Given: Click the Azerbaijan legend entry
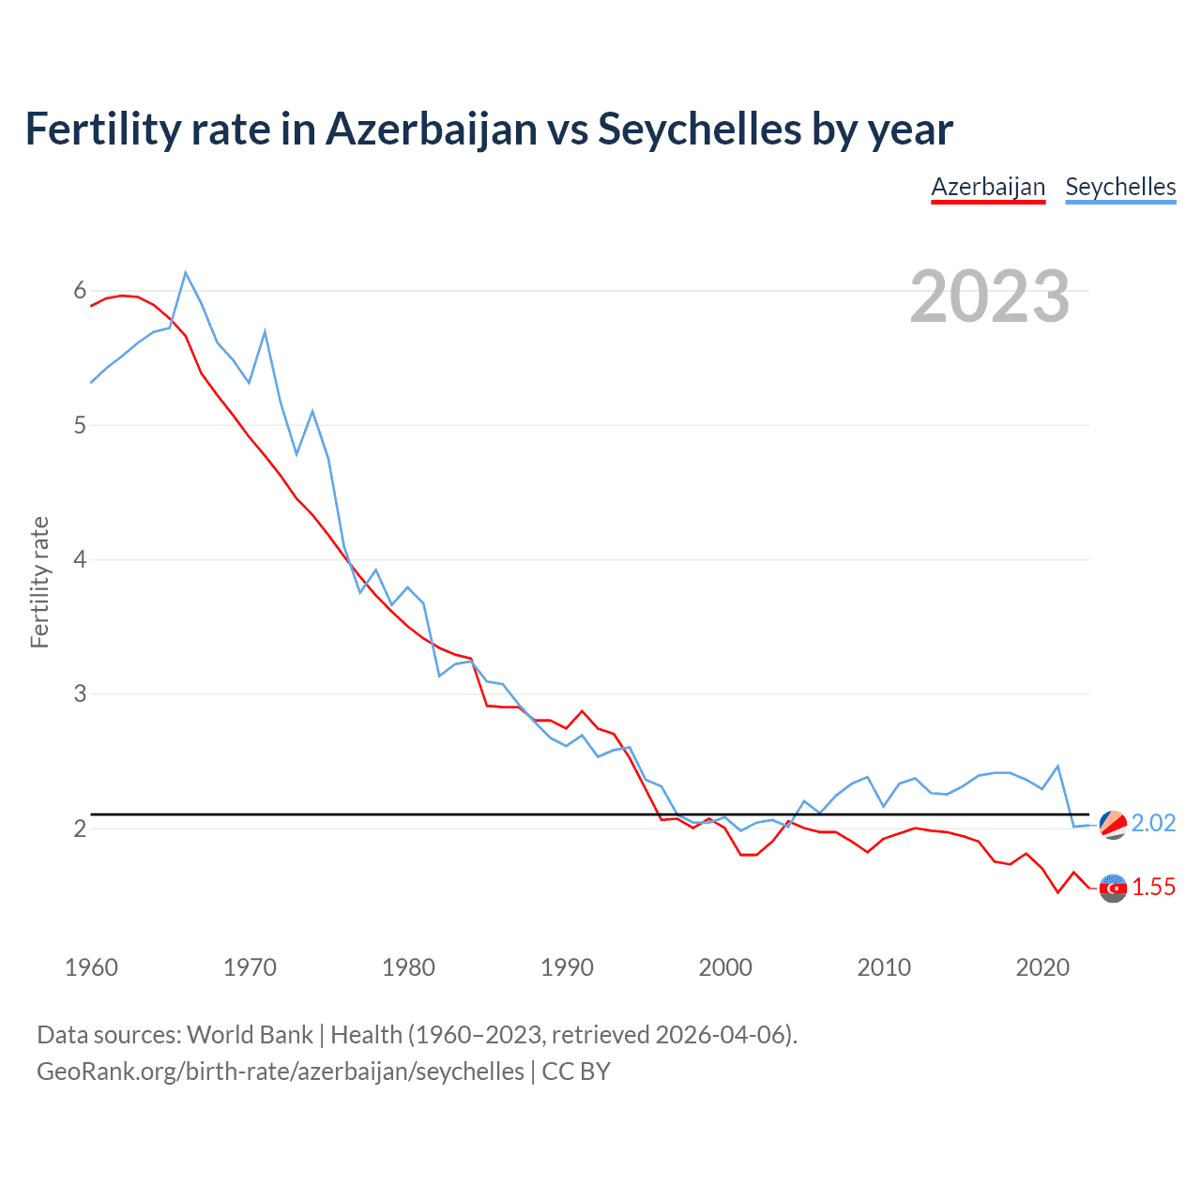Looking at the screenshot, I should point(988,187).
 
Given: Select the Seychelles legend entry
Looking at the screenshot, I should point(1120,187).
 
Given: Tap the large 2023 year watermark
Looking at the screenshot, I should point(990,296).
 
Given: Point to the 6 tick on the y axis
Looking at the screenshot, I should point(80,291).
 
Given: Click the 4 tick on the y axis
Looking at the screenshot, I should point(80,560).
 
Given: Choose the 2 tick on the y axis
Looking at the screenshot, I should point(80,829).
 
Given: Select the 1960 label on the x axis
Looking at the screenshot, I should point(91,967).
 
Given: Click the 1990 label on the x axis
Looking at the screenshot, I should point(567,967).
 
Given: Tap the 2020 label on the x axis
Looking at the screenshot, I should point(1042,967).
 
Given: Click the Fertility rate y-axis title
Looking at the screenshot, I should point(39,582).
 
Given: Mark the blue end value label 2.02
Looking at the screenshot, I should point(1153,823).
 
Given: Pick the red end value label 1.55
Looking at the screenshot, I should point(1153,887).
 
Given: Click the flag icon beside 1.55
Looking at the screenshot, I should point(1113,888).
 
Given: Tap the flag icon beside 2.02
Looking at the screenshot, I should point(1113,824).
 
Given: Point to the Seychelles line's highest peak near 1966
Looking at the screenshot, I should point(186,273).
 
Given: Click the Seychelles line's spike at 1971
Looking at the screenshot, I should point(266,331).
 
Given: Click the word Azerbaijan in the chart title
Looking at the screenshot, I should point(432,129).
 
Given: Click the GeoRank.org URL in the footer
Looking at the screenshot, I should point(281,1071).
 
